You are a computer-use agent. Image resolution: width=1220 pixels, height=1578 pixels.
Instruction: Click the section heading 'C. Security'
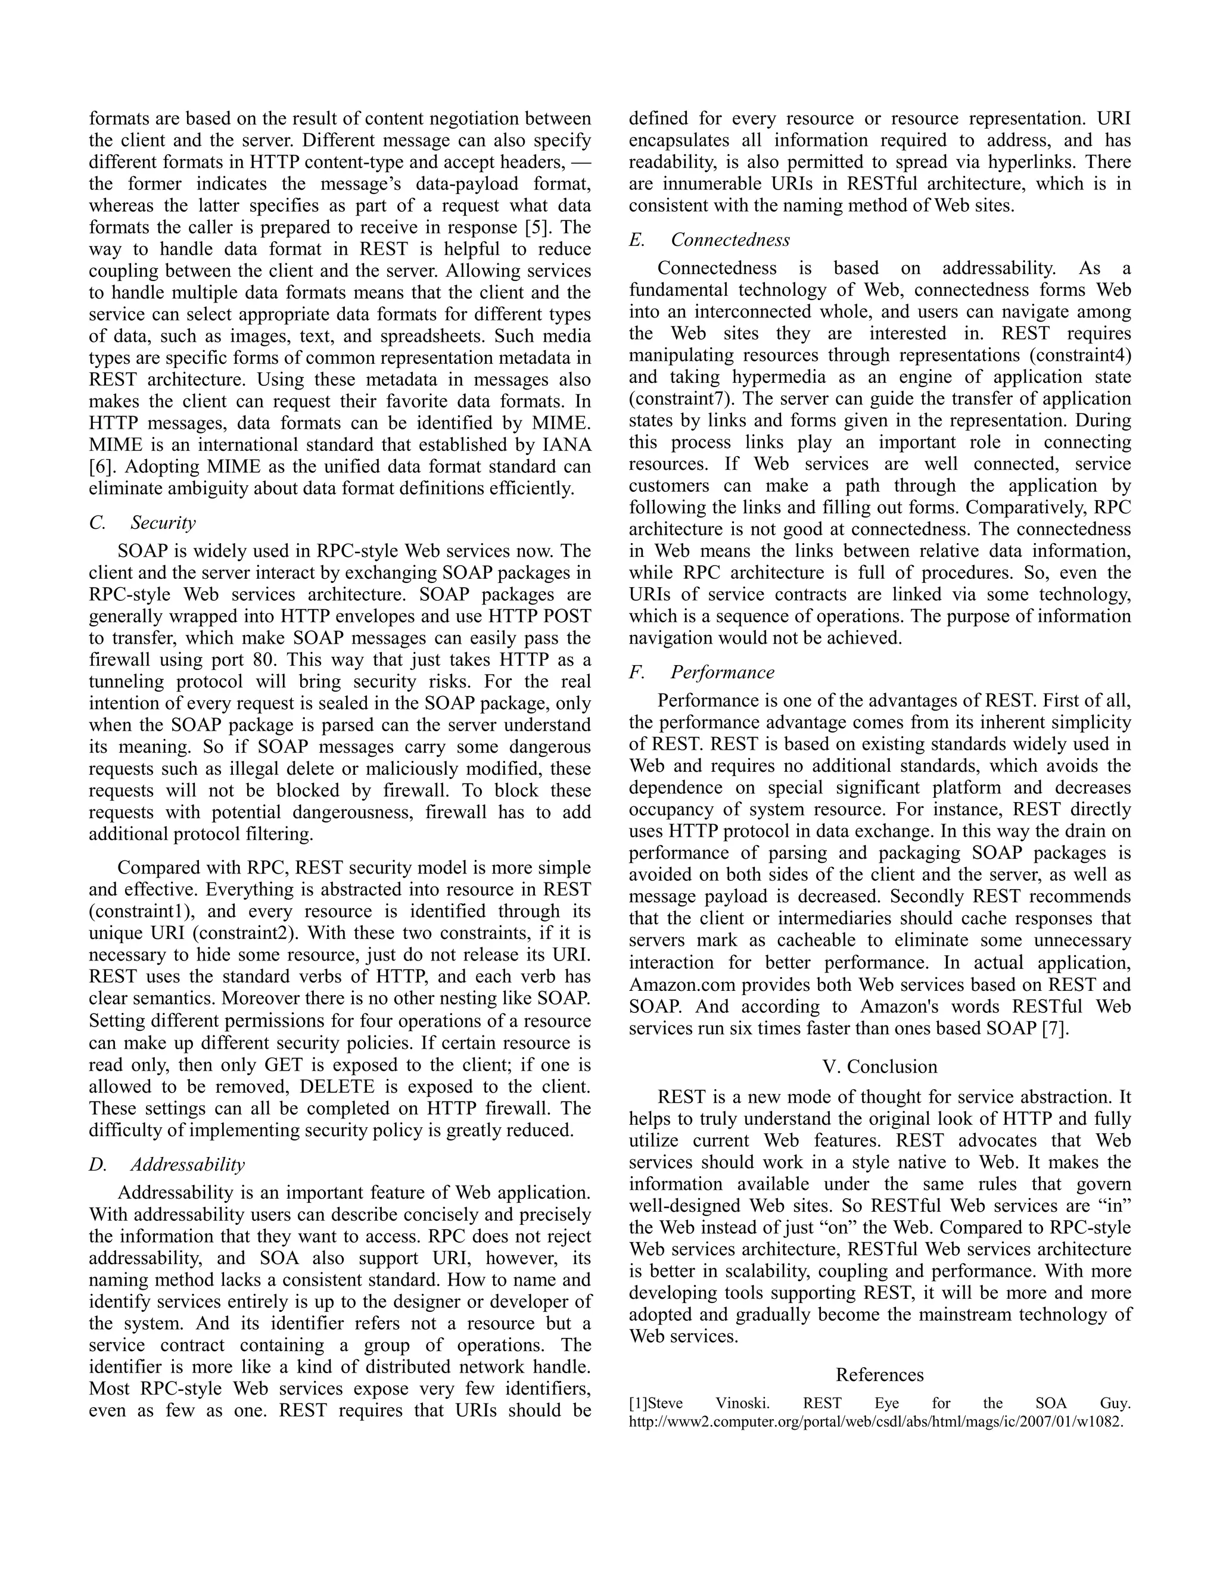point(142,522)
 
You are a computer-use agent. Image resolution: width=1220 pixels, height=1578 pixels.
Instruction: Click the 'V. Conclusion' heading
point(880,1066)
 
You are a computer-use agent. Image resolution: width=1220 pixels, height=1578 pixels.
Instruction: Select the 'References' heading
point(880,1374)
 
